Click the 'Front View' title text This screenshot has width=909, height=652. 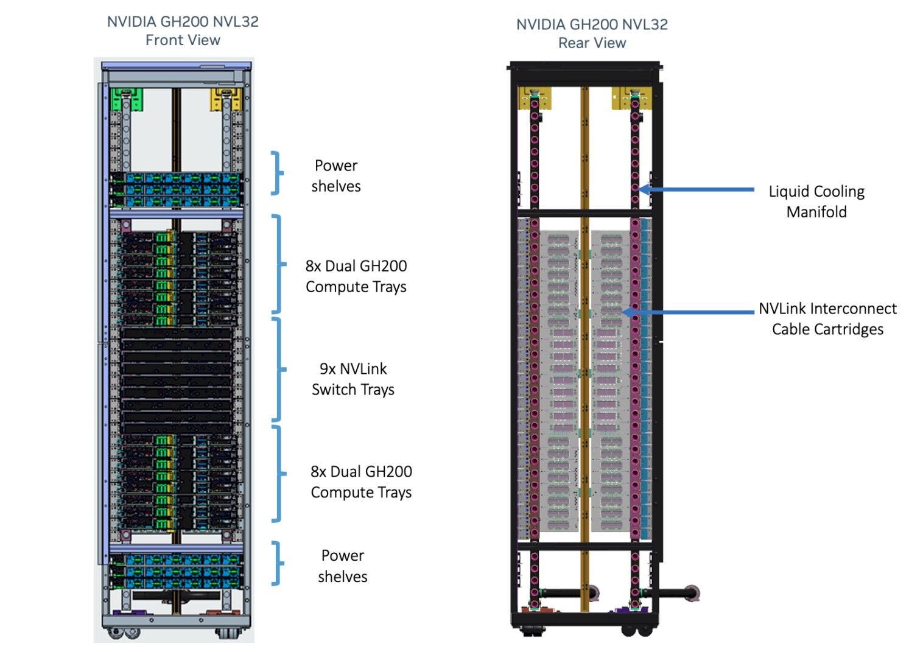tap(183, 40)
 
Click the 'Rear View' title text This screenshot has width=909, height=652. tap(592, 43)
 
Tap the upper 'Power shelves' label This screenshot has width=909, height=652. tap(335, 176)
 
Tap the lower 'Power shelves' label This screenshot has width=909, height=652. tap(342, 566)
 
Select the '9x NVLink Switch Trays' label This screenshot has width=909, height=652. tap(353, 379)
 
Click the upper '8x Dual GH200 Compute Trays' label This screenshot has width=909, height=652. tap(356, 276)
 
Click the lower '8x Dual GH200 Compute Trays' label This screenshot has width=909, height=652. tap(361, 482)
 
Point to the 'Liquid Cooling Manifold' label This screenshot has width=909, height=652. tap(816, 202)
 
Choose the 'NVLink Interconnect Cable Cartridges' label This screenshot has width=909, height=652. tap(827, 318)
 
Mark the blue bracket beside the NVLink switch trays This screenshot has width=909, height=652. tap(278, 369)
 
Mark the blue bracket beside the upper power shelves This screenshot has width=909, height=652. tap(278, 173)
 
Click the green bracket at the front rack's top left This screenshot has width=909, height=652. tap(127, 99)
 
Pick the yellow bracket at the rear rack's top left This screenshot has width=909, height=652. tap(534, 97)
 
